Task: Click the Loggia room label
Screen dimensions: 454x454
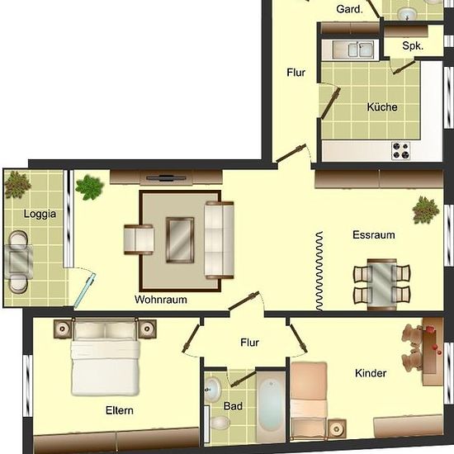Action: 40,215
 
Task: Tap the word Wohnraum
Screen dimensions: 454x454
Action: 161,300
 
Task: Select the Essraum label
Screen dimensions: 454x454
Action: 374,234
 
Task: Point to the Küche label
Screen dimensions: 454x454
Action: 382,107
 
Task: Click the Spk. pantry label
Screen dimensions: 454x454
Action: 413,45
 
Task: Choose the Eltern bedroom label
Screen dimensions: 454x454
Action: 120,410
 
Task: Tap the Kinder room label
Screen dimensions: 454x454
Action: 371,373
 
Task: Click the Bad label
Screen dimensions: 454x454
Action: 233,406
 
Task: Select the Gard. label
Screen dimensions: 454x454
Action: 349,9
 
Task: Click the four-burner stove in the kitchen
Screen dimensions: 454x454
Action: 400,150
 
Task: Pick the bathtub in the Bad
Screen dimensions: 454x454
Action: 271,404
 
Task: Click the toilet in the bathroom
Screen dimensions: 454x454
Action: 220,423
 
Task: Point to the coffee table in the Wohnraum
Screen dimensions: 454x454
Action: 180,240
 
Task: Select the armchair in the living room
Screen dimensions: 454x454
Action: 139,239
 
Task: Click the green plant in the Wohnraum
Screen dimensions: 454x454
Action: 89,187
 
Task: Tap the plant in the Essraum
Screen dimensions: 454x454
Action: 425,210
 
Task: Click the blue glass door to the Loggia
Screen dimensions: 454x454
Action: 85,290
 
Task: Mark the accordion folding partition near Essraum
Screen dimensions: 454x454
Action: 319,271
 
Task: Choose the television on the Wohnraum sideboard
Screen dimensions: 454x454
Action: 166,178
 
